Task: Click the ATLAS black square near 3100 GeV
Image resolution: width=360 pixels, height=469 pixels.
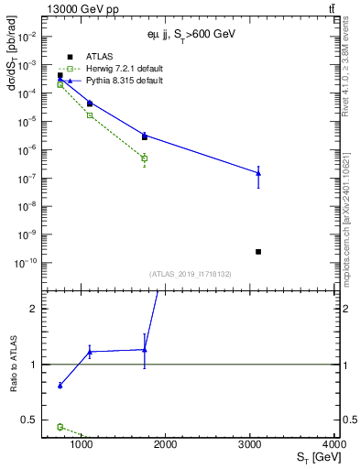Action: pos(258,251)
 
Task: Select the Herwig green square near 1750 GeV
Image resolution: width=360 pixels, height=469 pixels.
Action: pos(145,158)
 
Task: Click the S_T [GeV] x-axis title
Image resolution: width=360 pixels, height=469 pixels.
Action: pos(312,458)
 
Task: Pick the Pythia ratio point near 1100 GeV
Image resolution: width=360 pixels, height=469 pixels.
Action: pos(90,352)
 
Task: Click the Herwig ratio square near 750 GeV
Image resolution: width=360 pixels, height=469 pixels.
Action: pos(60,427)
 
